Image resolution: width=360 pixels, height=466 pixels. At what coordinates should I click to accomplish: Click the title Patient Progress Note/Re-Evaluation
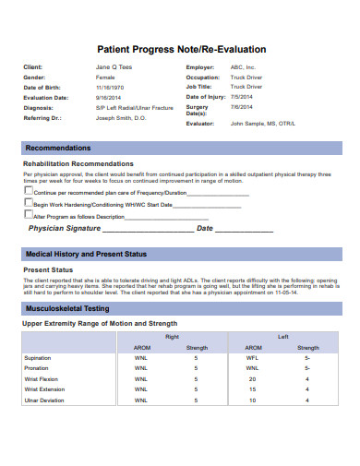tap(181, 49)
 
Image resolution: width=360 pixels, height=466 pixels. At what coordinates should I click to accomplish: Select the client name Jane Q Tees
tap(114, 68)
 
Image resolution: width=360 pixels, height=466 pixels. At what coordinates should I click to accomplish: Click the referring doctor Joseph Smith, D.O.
tap(121, 118)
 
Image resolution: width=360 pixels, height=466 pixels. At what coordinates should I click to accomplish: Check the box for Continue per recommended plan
tap(28, 191)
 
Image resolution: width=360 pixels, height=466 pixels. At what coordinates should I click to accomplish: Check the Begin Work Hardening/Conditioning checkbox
tap(28, 202)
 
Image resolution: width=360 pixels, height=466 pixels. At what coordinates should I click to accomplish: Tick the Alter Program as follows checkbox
tap(28, 213)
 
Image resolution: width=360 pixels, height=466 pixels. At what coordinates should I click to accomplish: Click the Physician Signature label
tap(64, 227)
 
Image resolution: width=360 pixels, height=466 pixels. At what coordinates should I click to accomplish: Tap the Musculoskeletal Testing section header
tap(67, 308)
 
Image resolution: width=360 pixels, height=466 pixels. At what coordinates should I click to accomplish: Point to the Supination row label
tap(38, 358)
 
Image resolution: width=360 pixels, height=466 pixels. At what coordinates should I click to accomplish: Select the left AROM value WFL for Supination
tap(252, 358)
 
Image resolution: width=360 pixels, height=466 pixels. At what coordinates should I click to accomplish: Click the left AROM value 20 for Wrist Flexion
tap(252, 379)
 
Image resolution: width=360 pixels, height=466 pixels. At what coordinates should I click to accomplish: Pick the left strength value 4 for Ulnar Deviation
tap(307, 400)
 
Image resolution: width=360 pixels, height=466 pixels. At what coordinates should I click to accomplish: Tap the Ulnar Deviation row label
tap(44, 400)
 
